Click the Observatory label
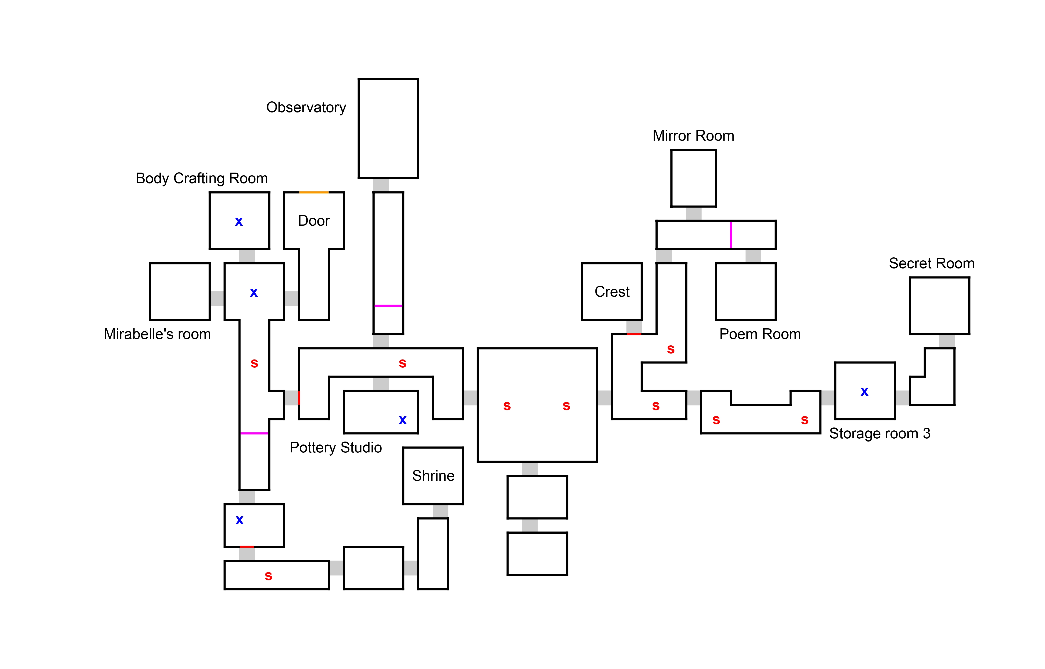point(306,107)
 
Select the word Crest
point(612,291)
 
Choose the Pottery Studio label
point(336,447)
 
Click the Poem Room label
point(760,334)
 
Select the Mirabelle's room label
point(157,334)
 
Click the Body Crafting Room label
point(202,178)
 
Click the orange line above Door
point(314,193)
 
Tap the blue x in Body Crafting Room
point(239,222)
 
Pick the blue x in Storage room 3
point(864,392)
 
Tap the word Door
point(314,221)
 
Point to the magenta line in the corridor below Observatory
point(388,306)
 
